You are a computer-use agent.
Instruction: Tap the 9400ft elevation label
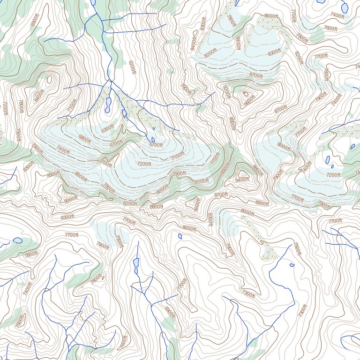point(242,180)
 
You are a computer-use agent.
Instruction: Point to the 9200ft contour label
point(227,92)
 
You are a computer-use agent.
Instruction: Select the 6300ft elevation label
point(108,128)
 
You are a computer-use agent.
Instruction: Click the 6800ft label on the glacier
point(85,138)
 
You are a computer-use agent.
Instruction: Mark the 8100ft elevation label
point(202,181)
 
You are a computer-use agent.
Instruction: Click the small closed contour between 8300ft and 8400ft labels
point(195,33)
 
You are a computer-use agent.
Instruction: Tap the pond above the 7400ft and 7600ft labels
point(345,7)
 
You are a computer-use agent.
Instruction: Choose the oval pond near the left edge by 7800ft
point(18,240)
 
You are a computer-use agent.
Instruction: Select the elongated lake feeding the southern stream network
point(136,266)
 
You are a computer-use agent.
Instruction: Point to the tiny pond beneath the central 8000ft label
point(180,236)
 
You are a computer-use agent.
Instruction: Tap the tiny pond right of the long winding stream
point(292,265)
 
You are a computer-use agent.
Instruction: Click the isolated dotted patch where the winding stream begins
point(269,252)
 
